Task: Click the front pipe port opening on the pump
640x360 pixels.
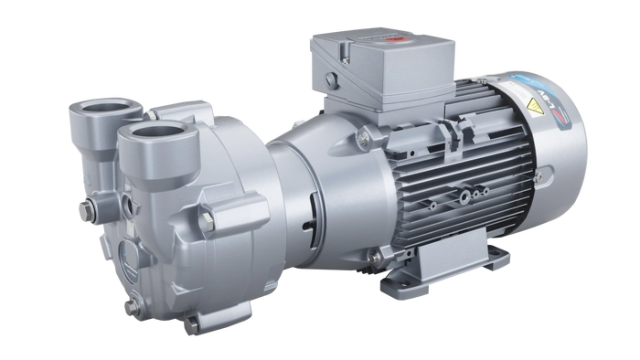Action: (x=152, y=140)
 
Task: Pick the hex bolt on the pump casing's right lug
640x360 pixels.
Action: (x=209, y=220)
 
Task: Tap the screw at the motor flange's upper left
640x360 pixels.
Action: (x=363, y=139)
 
